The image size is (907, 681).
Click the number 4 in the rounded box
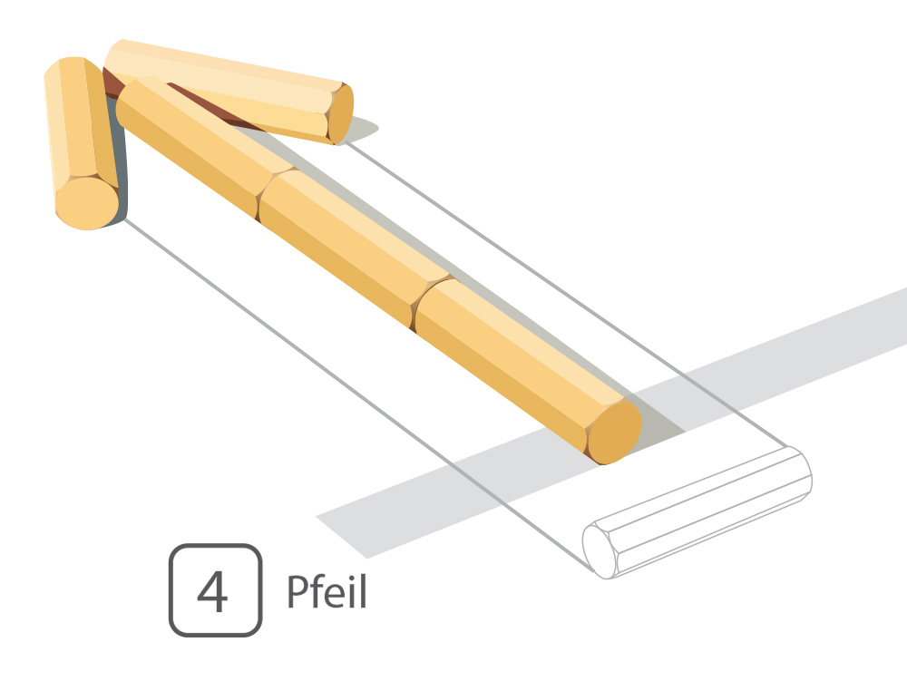212,591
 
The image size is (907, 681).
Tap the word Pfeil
327,591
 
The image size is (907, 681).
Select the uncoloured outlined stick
697,512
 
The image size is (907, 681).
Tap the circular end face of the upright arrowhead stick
87,203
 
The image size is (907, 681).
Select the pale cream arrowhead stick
229,92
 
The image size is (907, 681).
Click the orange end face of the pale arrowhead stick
340,113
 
